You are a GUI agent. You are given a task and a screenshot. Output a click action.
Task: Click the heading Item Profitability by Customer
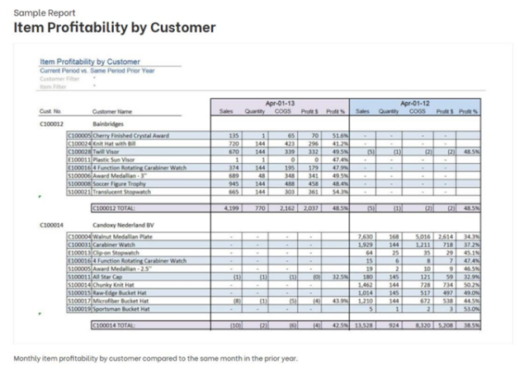[115, 27]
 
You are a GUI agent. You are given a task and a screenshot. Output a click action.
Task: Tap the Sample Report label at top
[45, 12]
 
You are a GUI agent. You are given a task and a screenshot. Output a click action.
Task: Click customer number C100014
[51, 224]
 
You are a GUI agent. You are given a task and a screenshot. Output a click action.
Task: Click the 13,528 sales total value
[366, 326]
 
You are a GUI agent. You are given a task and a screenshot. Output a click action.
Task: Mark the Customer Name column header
[113, 110]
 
